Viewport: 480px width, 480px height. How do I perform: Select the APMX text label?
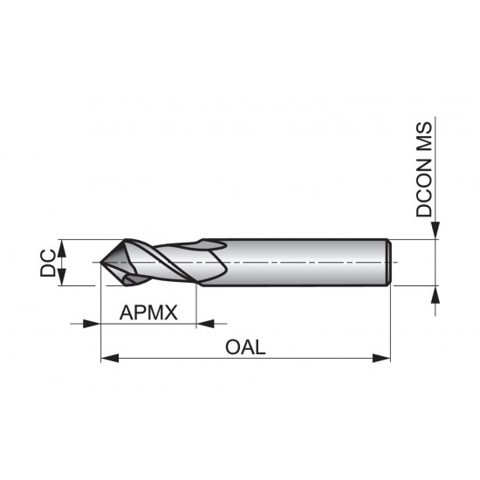tap(148, 312)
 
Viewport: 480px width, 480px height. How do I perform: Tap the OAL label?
tap(244, 346)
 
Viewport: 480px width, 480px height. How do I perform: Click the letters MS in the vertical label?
tap(424, 137)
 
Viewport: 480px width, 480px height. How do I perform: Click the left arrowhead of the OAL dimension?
tap(109, 357)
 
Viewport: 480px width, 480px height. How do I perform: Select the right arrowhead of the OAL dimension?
tap(381, 357)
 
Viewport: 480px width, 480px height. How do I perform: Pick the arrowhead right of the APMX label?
tap(205, 324)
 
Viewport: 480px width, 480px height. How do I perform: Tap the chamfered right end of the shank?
tap(387, 262)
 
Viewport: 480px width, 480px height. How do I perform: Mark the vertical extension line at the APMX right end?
tap(197, 305)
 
